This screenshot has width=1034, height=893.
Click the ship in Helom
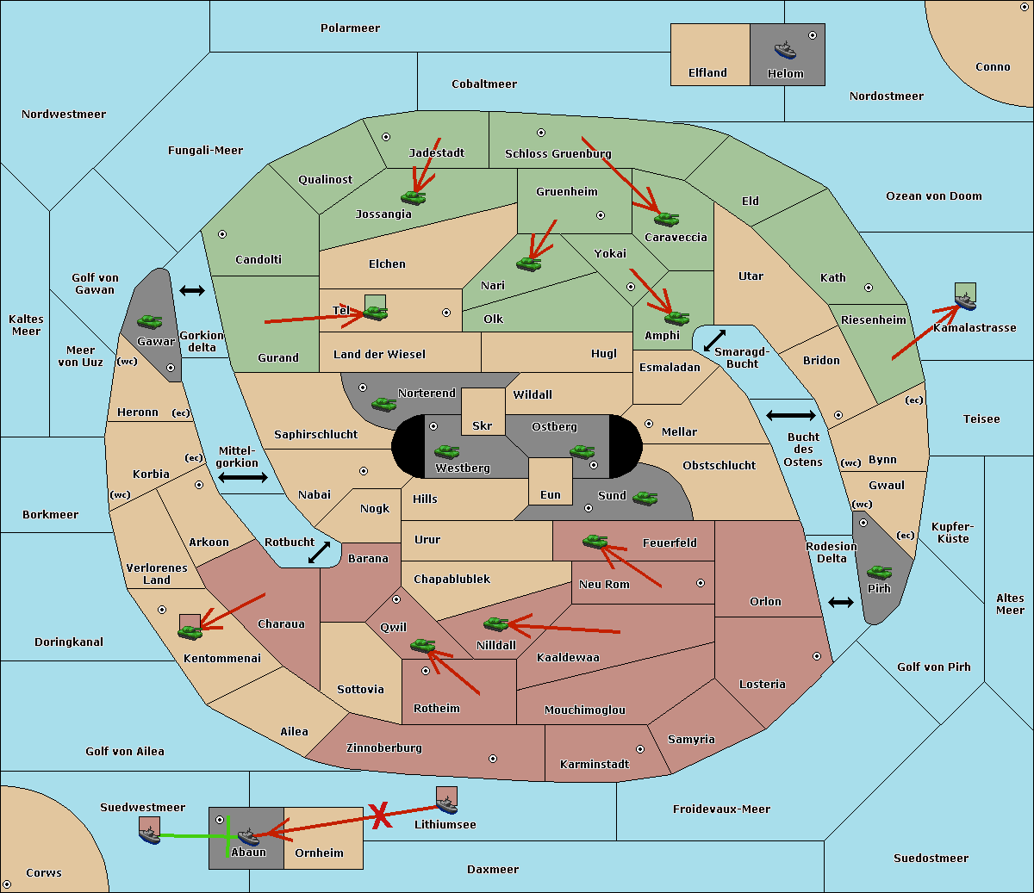[x=785, y=50]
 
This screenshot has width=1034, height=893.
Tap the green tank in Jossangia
[x=414, y=198]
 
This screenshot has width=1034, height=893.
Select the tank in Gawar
[x=150, y=321]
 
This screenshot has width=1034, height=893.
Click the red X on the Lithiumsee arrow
[x=381, y=815]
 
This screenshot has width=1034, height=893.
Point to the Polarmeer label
[x=350, y=28]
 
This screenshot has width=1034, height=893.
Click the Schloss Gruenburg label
[x=557, y=153]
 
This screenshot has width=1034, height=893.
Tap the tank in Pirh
[x=879, y=572]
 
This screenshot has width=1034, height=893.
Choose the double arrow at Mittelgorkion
[x=243, y=477]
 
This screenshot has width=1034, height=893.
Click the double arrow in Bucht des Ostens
[x=791, y=415]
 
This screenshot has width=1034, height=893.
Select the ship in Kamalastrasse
[x=965, y=301]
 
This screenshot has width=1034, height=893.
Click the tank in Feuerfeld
[x=595, y=541]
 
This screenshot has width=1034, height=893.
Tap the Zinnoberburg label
[x=384, y=747]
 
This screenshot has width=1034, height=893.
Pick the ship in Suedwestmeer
[x=150, y=835]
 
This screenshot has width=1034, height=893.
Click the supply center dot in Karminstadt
[x=640, y=749]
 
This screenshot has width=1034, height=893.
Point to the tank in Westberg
[x=446, y=451]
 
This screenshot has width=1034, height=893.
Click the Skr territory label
[x=483, y=425]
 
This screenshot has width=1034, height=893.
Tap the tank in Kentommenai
[x=190, y=632]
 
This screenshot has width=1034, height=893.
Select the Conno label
[x=993, y=66]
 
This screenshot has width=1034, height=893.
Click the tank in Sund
[x=645, y=498]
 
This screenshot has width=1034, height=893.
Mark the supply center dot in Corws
[x=7, y=884]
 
